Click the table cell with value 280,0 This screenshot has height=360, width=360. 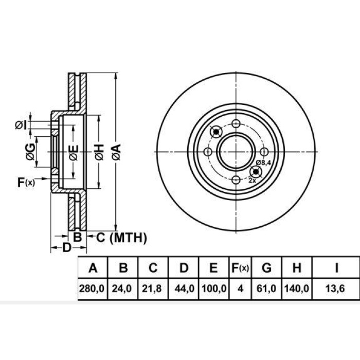(x=93, y=290)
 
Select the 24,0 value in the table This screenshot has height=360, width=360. (x=123, y=290)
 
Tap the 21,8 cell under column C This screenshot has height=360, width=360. (x=153, y=290)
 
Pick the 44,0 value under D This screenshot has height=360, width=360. (x=184, y=290)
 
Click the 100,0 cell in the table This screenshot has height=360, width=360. (x=214, y=290)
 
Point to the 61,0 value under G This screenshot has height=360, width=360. (x=267, y=290)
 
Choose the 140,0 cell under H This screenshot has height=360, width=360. (x=296, y=290)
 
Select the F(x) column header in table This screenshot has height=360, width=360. (x=240, y=268)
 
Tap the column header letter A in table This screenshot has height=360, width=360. (x=93, y=268)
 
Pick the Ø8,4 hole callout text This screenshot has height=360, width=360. (x=264, y=163)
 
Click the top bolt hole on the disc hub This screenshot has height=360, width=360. (x=236, y=124)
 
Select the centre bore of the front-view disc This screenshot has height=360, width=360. (x=236, y=152)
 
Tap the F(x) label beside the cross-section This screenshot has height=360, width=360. (x=26, y=182)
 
